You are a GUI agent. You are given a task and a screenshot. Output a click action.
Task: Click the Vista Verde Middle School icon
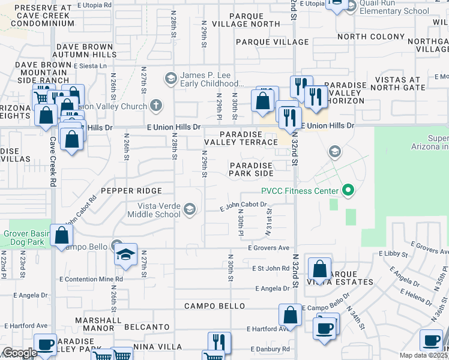pos(190,209)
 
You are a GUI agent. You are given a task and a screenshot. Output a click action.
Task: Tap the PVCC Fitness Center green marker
pos(347,192)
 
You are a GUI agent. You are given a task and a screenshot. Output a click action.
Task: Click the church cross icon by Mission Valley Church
pos(156,106)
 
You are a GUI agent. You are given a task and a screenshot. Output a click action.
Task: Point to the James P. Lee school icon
pos(170,78)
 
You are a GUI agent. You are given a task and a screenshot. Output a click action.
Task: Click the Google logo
pos(20,353)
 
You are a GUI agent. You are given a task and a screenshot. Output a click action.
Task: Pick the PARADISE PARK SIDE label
pos(251,169)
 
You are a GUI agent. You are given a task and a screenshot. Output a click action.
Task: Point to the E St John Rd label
pos(271,268)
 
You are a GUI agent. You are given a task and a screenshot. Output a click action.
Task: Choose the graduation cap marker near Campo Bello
pos(126,254)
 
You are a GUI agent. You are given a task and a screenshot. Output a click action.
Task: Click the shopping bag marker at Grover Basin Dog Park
pos(61,236)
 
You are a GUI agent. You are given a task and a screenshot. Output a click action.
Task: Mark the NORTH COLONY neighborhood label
pos(371,37)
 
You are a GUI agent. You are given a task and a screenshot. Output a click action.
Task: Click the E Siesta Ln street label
pos(89,66)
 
